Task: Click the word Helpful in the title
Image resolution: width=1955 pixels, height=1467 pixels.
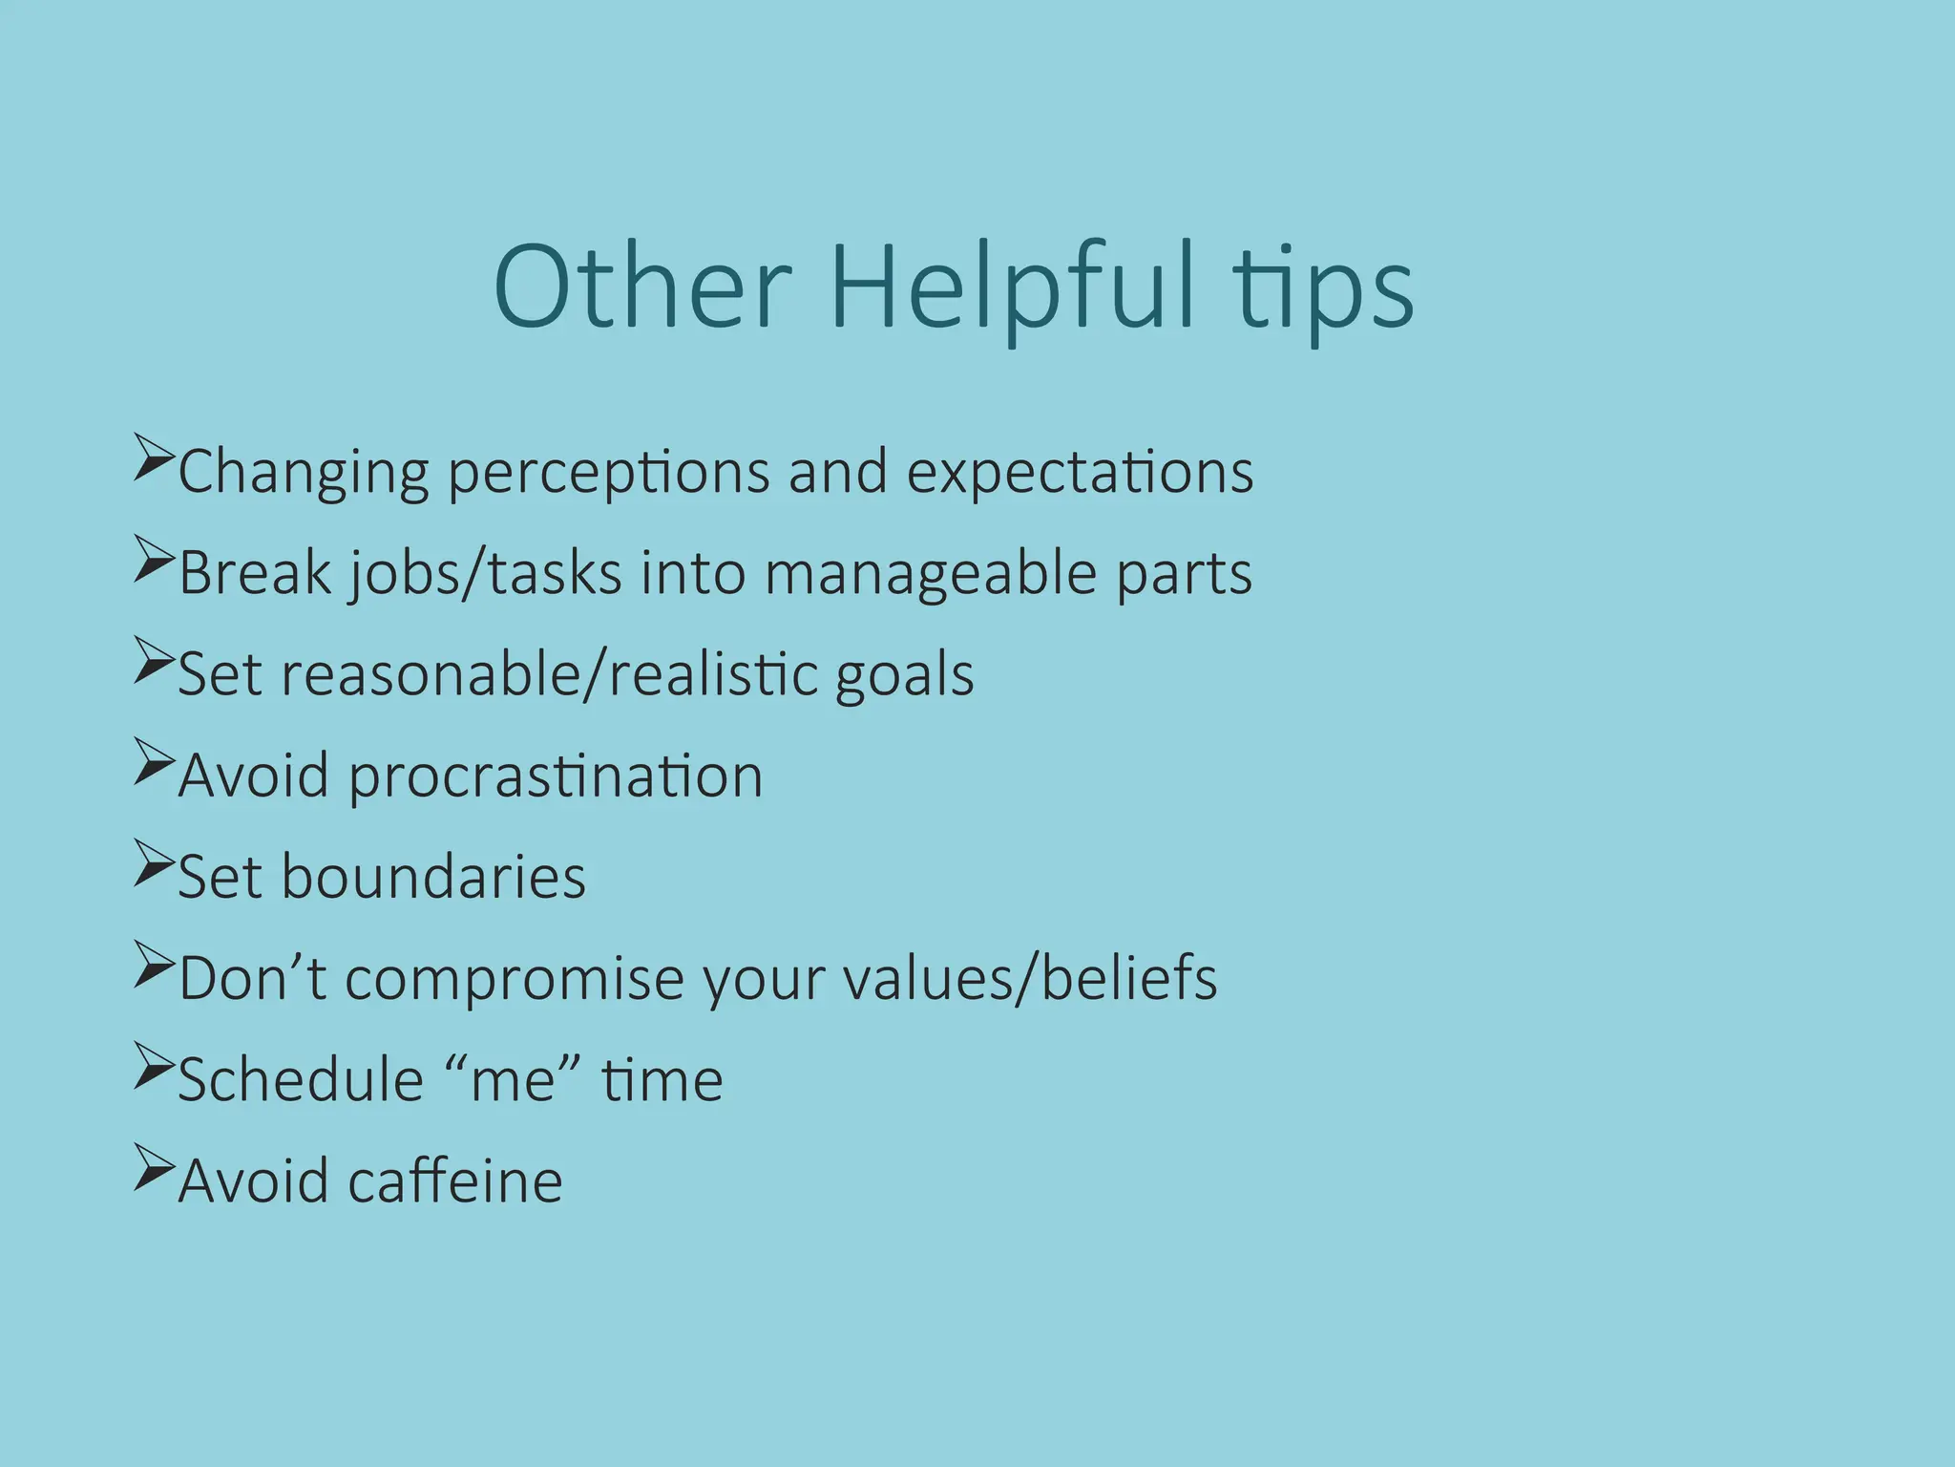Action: click(x=1012, y=287)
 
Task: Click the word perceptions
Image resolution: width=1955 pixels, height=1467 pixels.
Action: click(x=608, y=473)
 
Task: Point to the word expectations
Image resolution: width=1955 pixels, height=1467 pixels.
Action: click(x=1079, y=473)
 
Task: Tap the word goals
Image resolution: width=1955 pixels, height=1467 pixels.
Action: click(x=904, y=675)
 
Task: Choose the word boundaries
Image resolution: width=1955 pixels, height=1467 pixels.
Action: click(x=432, y=878)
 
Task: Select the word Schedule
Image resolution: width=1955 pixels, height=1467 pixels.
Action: click(x=301, y=1080)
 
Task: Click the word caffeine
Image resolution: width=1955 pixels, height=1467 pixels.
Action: click(x=455, y=1181)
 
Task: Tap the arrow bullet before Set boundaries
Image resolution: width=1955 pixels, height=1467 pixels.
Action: click(x=153, y=861)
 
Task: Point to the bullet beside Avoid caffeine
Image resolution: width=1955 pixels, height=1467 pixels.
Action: click(x=153, y=1165)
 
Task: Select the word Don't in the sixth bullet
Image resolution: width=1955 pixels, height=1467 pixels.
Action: click(x=252, y=979)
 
